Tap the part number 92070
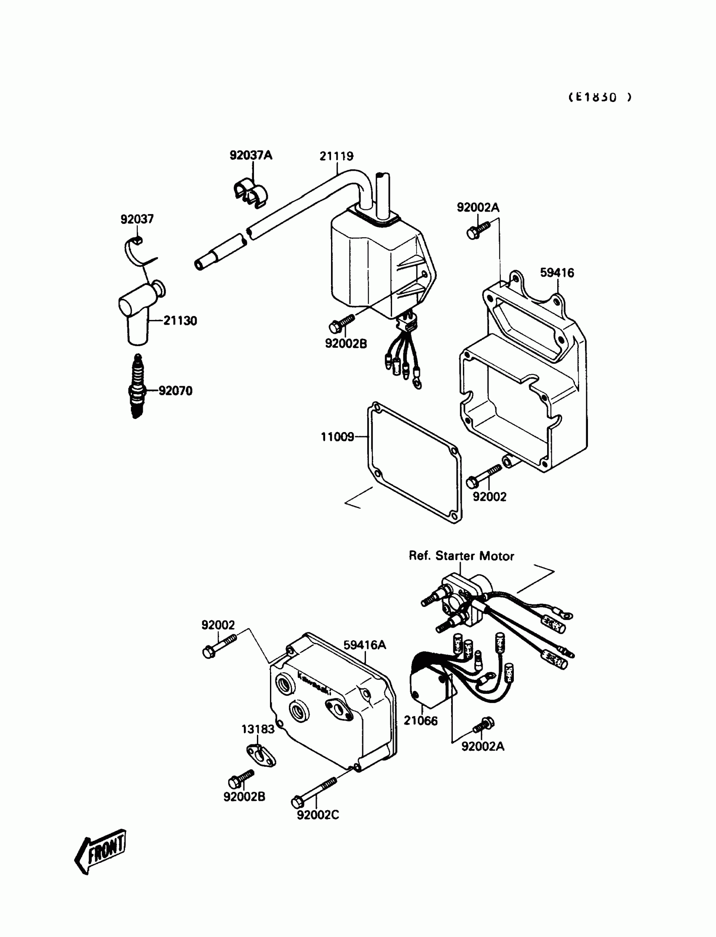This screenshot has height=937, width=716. (x=175, y=391)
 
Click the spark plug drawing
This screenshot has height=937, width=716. (x=137, y=387)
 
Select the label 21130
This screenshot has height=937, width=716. (x=180, y=321)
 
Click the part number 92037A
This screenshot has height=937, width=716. (x=251, y=155)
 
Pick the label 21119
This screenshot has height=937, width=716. (x=336, y=156)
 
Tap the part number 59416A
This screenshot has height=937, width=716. (x=364, y=645)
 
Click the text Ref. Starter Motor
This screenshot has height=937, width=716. (x=461, y=556)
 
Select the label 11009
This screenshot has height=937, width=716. (x=337, y=437)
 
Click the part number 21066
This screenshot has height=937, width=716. (x=421, y=721)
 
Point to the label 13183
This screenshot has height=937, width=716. (x=258, y=729)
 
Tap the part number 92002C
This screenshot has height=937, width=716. (x=318, y=815)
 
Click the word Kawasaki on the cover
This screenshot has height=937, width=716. (x=314, y=685)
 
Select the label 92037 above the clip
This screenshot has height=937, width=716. (x=137, y=219)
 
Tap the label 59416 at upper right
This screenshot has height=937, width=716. (x=557, y=273)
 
